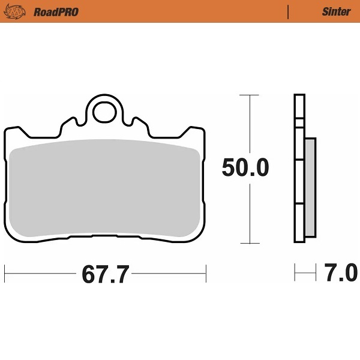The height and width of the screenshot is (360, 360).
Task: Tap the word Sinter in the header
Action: [336, 11]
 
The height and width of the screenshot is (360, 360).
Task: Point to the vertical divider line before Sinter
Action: [289, 11]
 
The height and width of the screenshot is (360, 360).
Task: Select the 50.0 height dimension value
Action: [245, 169]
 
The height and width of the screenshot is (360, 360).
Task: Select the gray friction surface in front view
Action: [105, 189]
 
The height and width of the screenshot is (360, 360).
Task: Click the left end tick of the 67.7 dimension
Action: [5, 274]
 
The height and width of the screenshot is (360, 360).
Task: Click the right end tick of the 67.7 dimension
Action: [206, 274]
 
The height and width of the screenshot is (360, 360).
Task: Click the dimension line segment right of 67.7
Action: [168, 274]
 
